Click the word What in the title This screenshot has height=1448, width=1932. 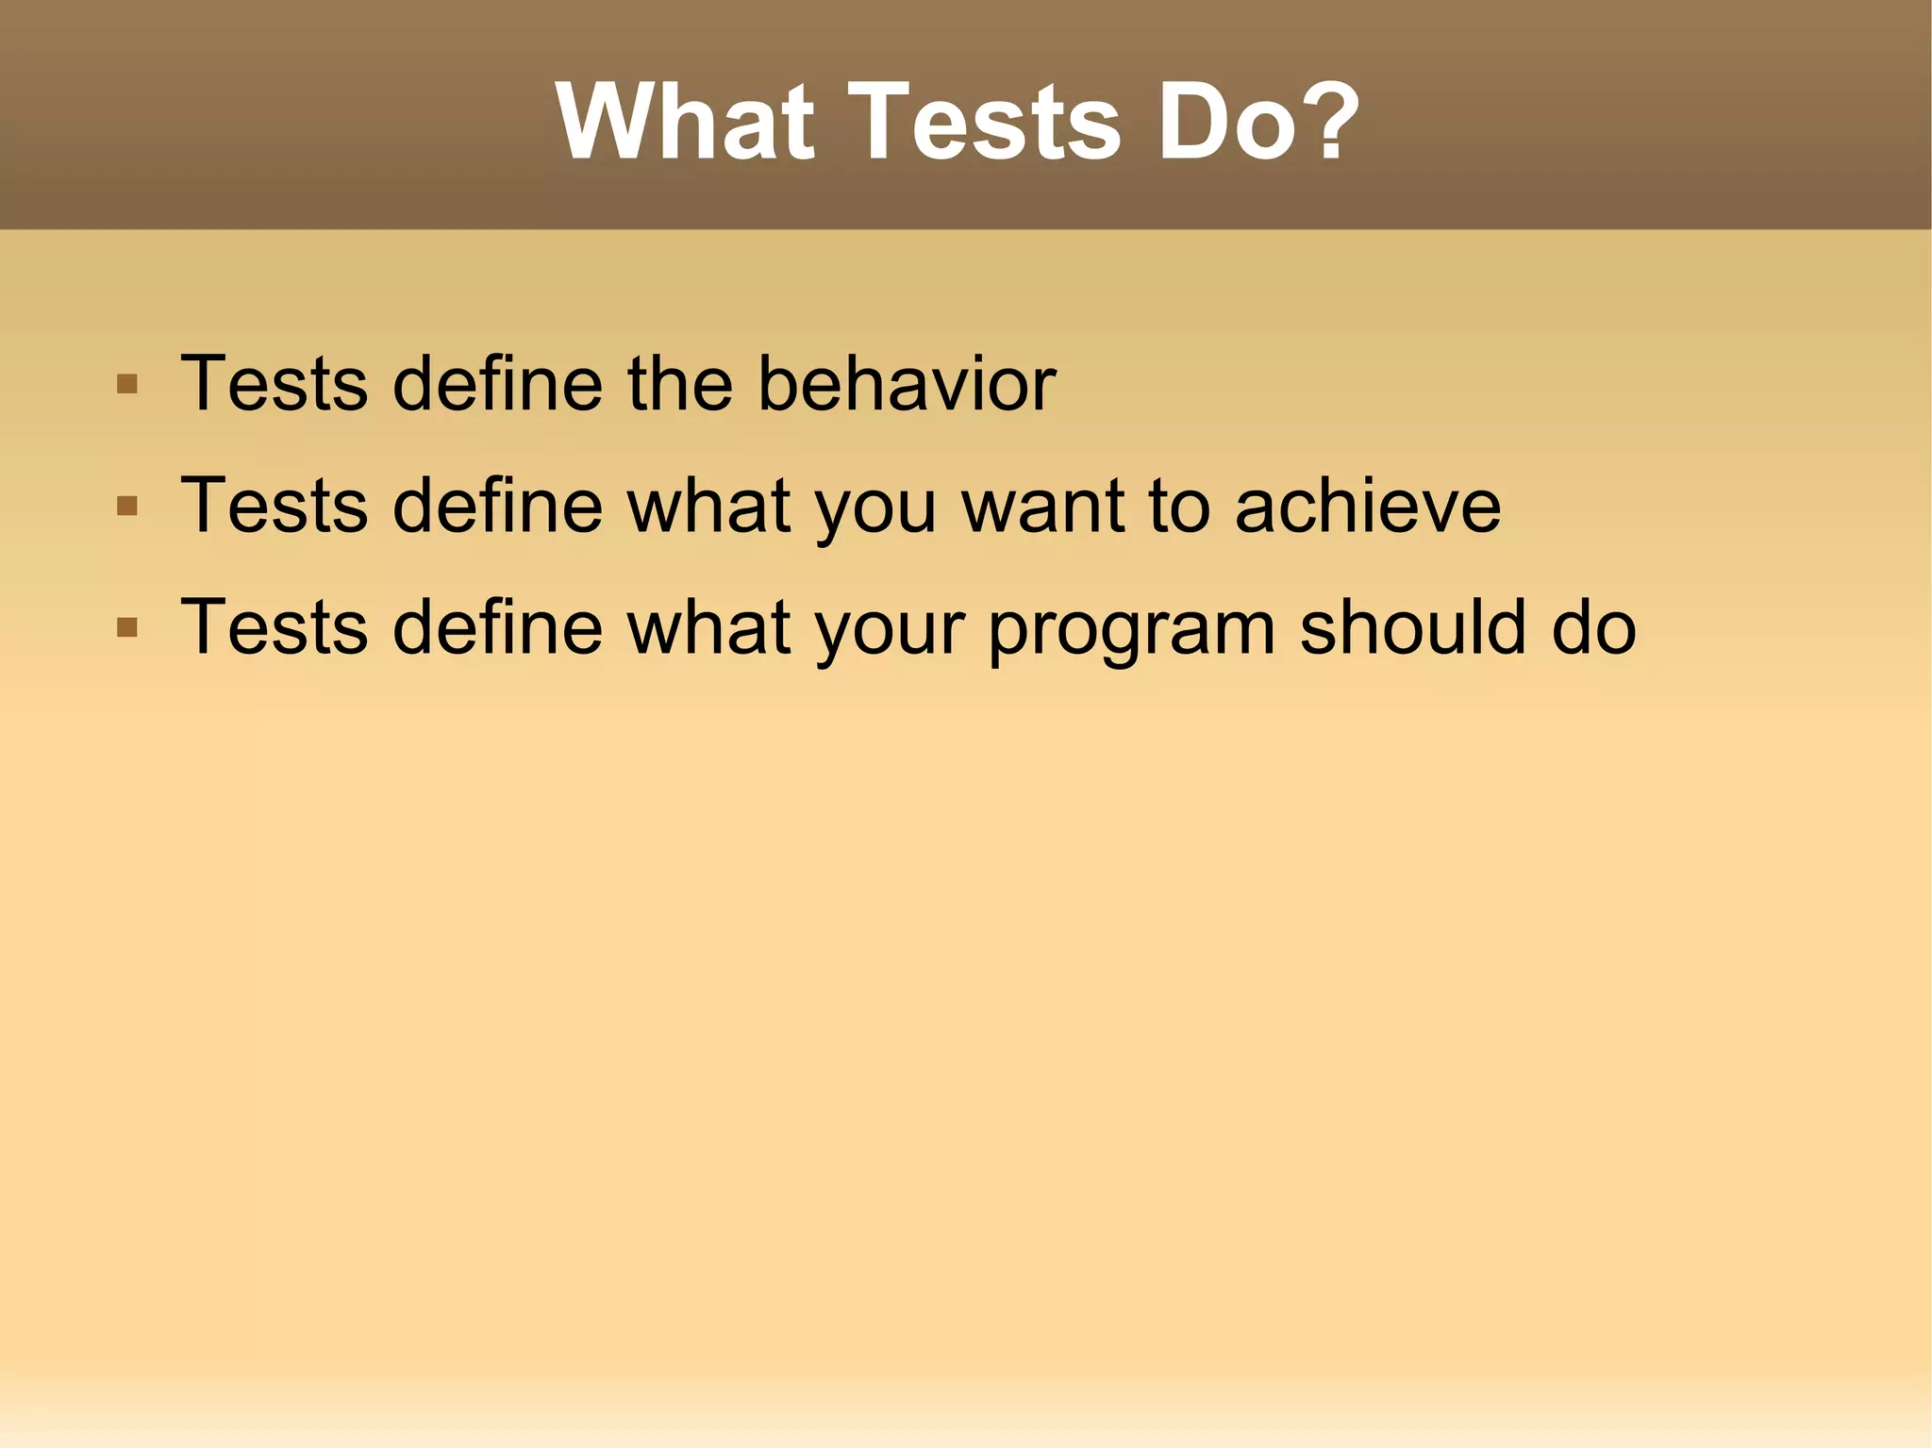[x=684, y=123]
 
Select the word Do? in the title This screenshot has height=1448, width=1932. [x=1258, y=123]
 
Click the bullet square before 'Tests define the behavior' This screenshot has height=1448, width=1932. [x=127, y=385]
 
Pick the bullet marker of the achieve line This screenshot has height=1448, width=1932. [x=127, y=507]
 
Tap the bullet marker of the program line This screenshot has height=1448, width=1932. [x=127, y=627]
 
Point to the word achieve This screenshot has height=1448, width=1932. [x=1367, y=507]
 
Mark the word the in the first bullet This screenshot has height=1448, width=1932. [x=679, y=384]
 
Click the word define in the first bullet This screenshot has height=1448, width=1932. [x=497, y=384]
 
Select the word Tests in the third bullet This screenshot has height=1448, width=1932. [x=274, y=627]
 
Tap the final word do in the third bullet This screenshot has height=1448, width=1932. [x=1593, y=627]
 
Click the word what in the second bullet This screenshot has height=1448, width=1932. [x=709, y=507]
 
